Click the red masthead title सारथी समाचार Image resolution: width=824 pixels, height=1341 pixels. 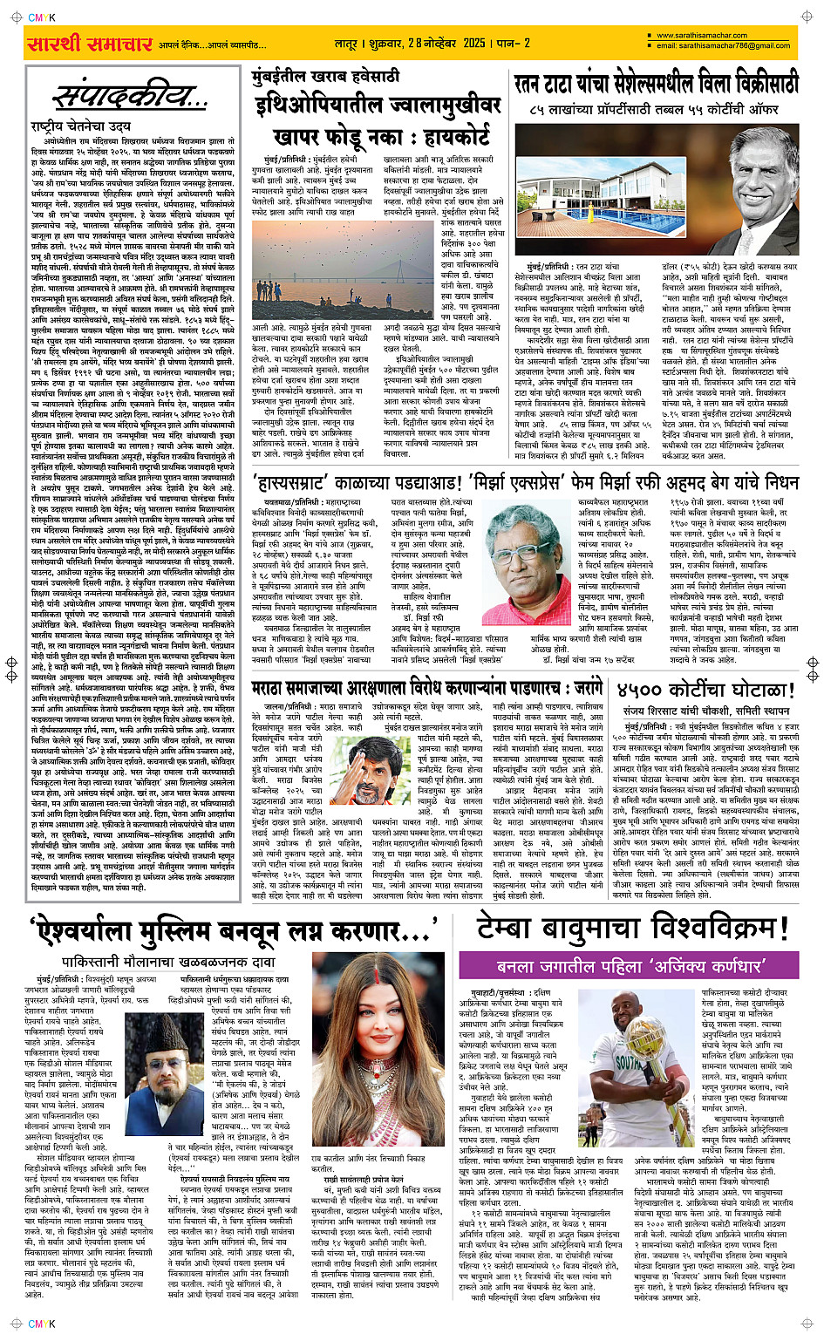tap(91, 44)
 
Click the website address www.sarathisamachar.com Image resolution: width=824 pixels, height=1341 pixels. tap(702, 36)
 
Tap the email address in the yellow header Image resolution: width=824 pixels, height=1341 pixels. tap(723, 45)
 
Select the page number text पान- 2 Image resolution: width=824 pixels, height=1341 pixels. tap(513, 43)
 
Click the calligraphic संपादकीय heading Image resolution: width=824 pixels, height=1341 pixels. tap(129, 95)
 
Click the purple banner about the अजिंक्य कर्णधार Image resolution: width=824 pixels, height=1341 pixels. tap(630, 965)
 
